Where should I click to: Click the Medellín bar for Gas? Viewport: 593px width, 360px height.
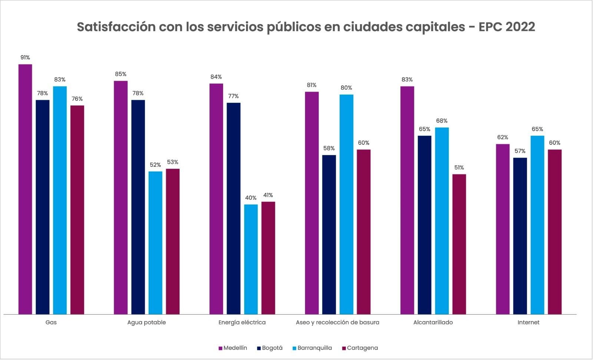pos(25,189)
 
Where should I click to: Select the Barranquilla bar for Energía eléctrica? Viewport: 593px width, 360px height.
pos(251,259)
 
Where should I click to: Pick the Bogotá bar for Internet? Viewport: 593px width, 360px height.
pos(520,236)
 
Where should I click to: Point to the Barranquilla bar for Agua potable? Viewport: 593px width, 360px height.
pos(155,242)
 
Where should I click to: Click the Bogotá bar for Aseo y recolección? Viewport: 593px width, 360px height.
pos(329,234)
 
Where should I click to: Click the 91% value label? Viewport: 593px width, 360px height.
pos(25,57)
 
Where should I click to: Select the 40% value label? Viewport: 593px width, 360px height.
pos(251,198)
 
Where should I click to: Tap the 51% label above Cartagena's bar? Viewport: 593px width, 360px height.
pos(459,168)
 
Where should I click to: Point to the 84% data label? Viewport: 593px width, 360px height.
pos(216,77)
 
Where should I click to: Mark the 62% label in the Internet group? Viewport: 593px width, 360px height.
pos(503,137)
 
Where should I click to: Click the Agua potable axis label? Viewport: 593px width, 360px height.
pos(146,322)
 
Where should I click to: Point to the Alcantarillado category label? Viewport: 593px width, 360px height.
pos(433,322)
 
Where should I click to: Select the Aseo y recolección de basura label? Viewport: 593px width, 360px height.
pos(337,322)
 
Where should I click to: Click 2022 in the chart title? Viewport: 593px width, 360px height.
pos(520,27)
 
